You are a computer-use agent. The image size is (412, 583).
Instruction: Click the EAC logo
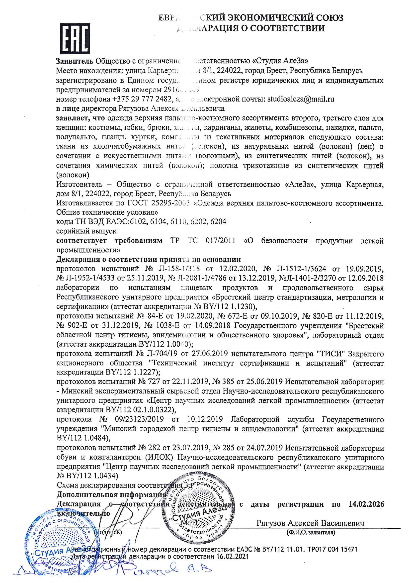coord(75,38)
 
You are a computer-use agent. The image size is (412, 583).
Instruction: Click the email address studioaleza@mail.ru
coord(301,99)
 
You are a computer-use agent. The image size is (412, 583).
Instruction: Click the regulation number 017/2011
coord(220,240)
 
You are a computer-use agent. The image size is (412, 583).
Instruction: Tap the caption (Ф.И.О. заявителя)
coord(311,532)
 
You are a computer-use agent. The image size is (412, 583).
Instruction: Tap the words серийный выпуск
coord(86,231)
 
